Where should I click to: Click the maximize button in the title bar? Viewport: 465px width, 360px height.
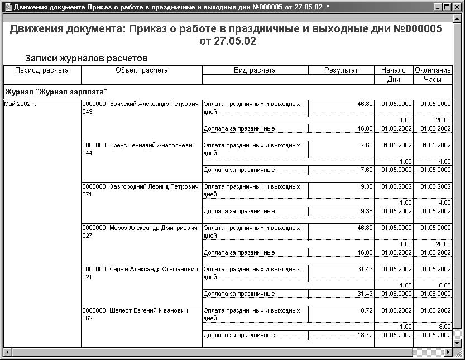pyautogui.click(x=446, y=7)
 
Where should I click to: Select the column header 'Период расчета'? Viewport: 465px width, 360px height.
pyautogui.click(x=42, y=70)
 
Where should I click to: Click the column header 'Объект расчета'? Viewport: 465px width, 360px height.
pyautogui.click(x=142, y=70)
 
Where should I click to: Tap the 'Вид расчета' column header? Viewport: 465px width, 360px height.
pyautogui.click(x=255, y=70)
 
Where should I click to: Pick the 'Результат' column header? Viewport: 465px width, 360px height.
pyautogui.click(x=341, y=70)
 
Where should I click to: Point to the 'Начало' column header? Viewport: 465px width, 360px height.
pyautogui.click(x=394, y=70)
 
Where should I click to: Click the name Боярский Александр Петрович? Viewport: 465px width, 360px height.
pyautogui.click(x=154, y=104)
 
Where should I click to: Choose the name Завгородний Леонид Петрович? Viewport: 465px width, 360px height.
pyautogui.click(x=154, y=187)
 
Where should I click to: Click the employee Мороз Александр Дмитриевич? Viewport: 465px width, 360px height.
pyautogui.click(x=154, y=228)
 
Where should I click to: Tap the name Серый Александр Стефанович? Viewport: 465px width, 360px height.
pyautogui.click(x=154, y=270)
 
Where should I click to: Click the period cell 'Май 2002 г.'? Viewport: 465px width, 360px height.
pyautogui.click(x=20, y=104)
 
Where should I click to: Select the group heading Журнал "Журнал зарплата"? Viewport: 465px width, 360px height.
pyautogui.click(x=55, y=91)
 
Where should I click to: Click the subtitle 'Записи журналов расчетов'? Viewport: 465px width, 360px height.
pyautogui.click(x=85, y=58)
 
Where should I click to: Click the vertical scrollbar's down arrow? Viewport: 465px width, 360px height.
pyautogui.click(x=456, y=343)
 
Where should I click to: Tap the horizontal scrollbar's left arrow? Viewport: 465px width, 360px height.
pyautogui.click(x=8, y=352)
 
